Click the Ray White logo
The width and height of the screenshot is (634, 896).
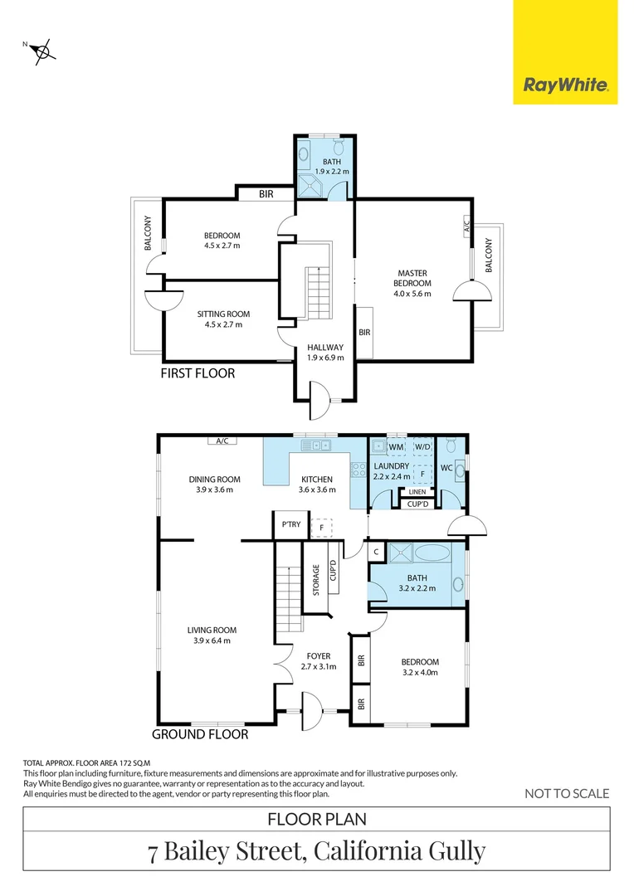click(565, 84)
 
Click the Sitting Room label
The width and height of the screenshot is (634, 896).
click(223, 319)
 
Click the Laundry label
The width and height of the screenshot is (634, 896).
click(392, 471)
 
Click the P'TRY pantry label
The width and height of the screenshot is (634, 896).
click(290, 524)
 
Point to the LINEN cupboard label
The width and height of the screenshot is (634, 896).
click(417, 492)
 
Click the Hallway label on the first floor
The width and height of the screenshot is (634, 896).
click(325, 352)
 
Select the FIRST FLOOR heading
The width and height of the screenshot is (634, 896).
click(198, 374)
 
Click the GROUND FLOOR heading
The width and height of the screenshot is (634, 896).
click(200, 734)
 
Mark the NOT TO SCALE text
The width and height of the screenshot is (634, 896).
click(567, 794)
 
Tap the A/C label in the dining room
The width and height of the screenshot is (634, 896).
click(222, 441)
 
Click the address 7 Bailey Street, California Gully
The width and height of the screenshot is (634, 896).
click(316, 851)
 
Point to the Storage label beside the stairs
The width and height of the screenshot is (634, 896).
click(316, 581)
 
